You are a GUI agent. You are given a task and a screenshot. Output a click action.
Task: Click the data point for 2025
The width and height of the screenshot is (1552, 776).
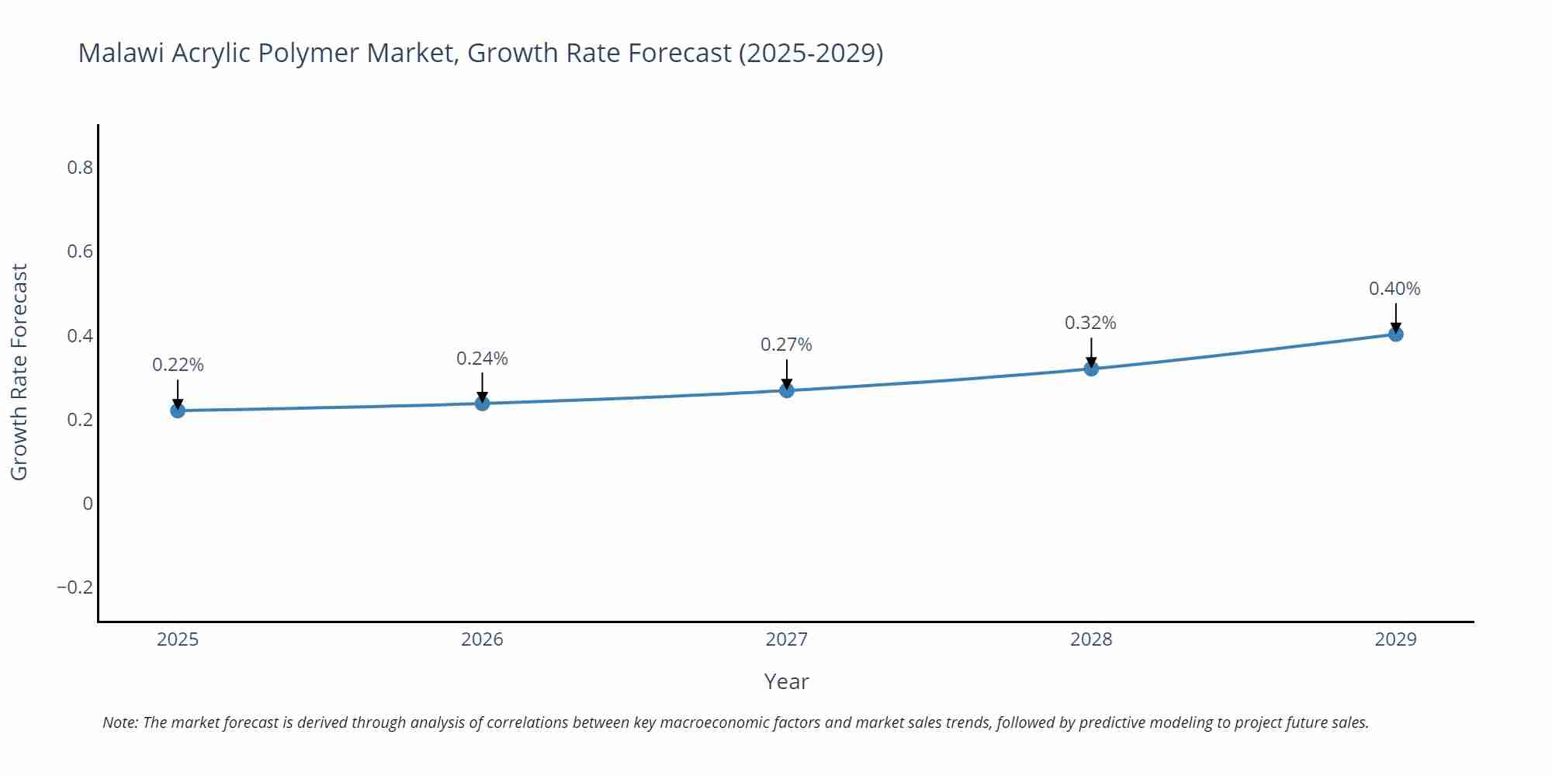[x=178, y=411]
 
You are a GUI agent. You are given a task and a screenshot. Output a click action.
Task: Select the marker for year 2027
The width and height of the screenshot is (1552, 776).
[x=787, y=390]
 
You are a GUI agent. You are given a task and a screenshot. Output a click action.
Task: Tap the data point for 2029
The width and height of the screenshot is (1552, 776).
[x=1395, y=334]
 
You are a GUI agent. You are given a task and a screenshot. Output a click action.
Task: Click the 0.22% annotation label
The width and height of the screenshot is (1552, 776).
[x=178, y=365]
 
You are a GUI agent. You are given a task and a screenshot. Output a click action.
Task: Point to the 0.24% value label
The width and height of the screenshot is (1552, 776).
[x=482, y=359]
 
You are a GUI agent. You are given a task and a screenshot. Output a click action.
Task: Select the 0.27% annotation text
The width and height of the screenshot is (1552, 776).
[x=786, y=345]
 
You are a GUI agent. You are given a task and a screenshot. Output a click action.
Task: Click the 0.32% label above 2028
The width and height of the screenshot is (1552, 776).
[x=1090, y=323]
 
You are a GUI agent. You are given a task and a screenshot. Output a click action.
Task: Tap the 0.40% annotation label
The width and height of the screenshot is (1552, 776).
[x=1394, y=289]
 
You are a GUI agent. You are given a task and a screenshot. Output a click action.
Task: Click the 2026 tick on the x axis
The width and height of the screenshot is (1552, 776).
[x=482, y=639]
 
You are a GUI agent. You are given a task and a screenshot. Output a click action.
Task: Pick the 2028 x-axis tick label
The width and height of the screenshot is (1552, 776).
[x=1091, y=639]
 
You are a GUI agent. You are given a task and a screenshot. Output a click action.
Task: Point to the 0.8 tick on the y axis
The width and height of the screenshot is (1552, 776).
[x=80, y=168]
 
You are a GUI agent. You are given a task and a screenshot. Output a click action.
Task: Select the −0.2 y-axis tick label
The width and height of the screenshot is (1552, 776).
[x=74, y=587]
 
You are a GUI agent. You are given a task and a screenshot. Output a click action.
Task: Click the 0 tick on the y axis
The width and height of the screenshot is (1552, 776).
[x=88, y=504]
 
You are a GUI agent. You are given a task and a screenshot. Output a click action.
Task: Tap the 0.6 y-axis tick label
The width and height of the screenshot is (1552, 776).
[x=80, y=251]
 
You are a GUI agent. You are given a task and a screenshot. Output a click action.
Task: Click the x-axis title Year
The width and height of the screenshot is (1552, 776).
[x=786, y=681]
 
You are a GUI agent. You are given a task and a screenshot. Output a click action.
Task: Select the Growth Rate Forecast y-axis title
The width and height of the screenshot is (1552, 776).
[x=19, y=372]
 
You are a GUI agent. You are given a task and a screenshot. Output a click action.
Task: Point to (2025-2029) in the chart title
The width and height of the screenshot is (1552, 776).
[x=810, y=53]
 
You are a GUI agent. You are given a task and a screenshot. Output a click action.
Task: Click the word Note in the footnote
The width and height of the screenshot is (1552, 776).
[x=119, y=722]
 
